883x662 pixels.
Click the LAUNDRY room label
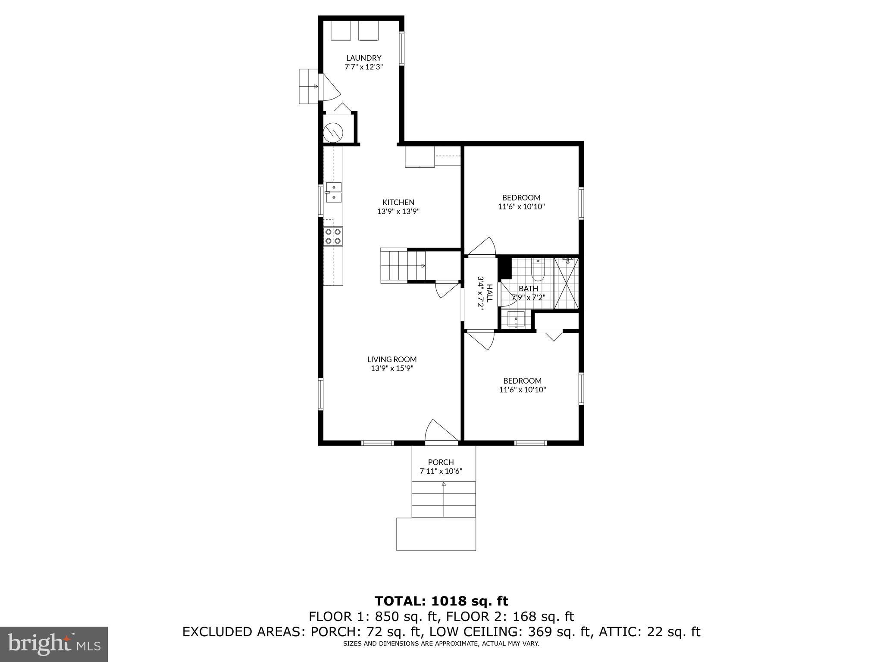coord(363,58)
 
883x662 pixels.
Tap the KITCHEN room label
coord(398,202)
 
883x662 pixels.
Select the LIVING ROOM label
coord(392,359)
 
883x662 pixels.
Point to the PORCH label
coord(441,462)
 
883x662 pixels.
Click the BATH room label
coord(528,288)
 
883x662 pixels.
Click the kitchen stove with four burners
coord(333,237)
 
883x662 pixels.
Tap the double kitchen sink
coord(333,192)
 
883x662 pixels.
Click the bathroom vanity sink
coord(516,320)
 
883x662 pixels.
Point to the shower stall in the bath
coord(566,283)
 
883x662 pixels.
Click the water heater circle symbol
coord(333,131)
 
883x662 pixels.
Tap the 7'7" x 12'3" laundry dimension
coord(363,67)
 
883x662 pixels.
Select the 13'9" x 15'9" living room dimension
coord(392,368)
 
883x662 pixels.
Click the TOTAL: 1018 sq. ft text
coord(441,601)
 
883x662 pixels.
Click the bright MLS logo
coord(54,644)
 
